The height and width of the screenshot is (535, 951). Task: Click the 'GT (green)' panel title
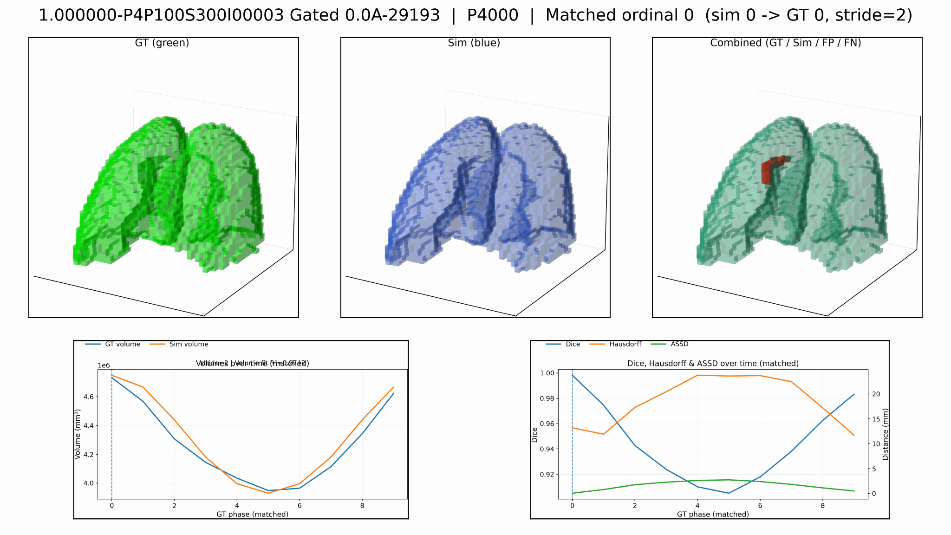(162, 43)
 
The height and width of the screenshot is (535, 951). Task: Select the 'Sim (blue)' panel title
(474, 43)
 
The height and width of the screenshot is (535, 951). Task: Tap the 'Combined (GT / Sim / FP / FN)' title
(786, 43)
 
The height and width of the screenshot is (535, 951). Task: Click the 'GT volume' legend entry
(122, 344)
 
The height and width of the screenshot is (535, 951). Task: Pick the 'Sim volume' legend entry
(189, 344)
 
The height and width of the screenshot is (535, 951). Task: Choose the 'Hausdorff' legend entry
(625, 344)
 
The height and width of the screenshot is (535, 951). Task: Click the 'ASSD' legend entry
(679, 344)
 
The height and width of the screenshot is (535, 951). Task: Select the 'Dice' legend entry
(573, 344)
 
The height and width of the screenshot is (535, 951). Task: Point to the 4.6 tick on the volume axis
(89, 397)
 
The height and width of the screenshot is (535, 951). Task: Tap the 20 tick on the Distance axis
(876, 394)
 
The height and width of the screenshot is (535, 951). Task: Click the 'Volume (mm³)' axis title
(78, 434)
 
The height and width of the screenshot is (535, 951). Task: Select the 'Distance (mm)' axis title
(886, 434)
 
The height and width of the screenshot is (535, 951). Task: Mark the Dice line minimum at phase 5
(729, 493)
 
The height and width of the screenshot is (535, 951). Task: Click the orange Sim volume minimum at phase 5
(268, 493)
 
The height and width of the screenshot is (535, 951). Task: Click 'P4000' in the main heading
(492, 16)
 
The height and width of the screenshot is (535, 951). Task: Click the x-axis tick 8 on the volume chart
(362, 505)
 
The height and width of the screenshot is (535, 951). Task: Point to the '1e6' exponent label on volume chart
(104, 365)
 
